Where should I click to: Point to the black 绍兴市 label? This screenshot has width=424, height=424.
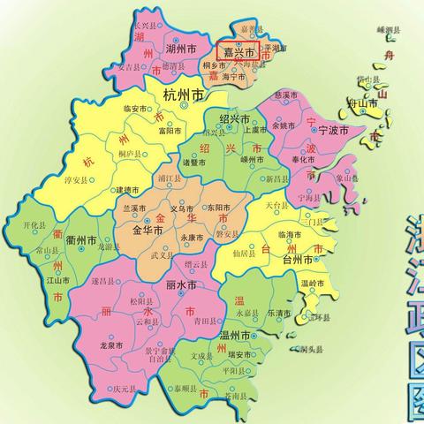pyautogui.click(x=235, y=119)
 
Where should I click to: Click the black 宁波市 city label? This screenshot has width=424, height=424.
pyautogui.click(x=334, y=130)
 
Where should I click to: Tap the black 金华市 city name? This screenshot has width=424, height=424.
pyautogui.click(x=148, y=230)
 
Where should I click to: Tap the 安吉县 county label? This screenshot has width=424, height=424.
pyautogui.click(x=129, y=66)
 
